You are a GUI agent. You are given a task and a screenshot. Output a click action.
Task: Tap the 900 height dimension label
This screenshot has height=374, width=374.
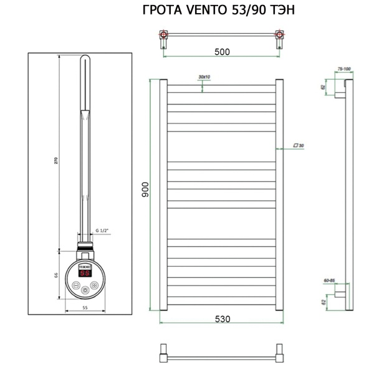(145, 191)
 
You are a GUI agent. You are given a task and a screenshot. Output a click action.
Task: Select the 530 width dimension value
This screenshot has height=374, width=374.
(223, 319)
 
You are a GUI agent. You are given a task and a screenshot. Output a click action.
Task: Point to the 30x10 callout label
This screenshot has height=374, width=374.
(204, 77)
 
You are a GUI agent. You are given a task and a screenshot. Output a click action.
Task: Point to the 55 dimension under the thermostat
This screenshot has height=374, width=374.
(85, 309)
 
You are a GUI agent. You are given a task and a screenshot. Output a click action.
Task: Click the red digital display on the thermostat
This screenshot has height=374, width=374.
(85, 273)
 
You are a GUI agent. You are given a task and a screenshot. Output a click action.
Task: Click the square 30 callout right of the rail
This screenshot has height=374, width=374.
(299, 146)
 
